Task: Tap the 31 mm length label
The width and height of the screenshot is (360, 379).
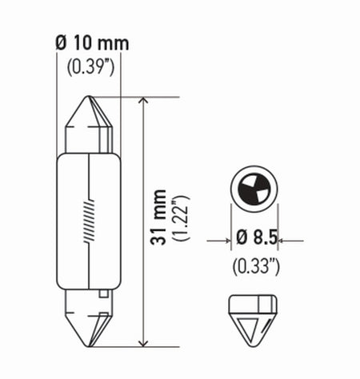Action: point(162,217)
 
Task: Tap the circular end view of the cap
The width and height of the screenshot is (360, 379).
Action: point(254,190)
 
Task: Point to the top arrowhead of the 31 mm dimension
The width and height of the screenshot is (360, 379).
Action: point(141,103)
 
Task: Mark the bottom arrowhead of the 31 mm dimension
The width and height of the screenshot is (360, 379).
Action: point(141,341)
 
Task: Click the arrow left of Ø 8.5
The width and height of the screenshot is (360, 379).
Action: point(222,238)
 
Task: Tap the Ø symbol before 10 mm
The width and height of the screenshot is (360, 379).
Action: point(61,42)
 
